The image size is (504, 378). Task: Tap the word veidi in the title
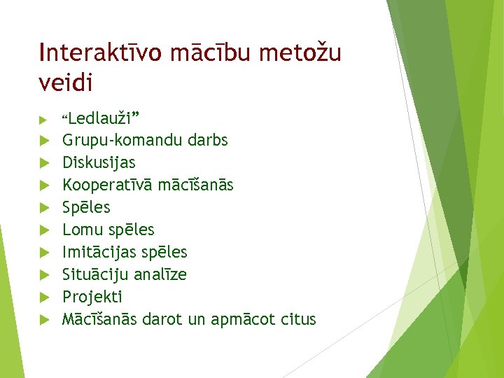66,83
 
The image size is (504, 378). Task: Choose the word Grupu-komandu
122,141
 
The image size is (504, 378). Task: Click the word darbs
208,140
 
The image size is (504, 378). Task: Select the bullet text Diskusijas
99,162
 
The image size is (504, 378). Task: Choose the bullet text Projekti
92,297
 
